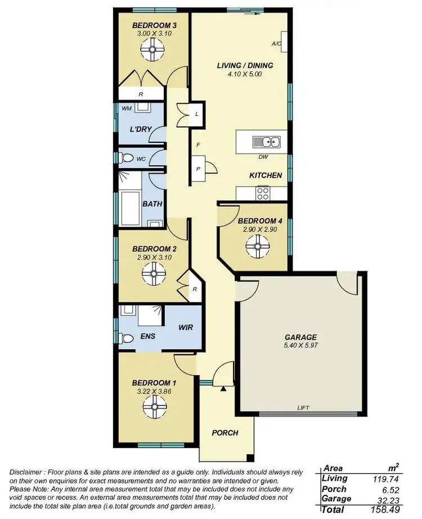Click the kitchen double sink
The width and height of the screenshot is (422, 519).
tap(263, 142)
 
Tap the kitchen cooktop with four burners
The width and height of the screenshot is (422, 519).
tap(263, 193)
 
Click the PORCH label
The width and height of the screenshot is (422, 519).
tap(225, 432)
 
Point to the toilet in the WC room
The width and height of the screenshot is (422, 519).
tap(125, 159)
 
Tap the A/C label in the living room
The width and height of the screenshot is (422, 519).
tap(276, 43)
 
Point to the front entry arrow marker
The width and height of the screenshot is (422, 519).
tap(223, 388)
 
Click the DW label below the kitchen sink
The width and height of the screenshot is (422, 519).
tap(262, 157)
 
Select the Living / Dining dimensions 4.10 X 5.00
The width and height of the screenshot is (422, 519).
tap(245, 74)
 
